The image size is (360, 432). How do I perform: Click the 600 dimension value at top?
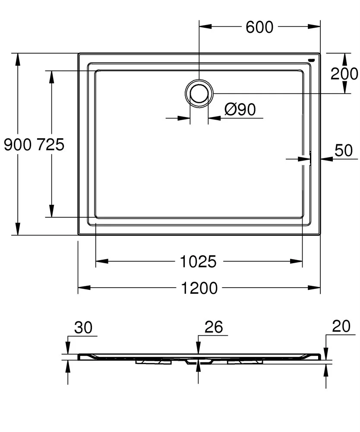tap(259, 27)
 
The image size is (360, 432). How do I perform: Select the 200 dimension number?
tap(344, 73)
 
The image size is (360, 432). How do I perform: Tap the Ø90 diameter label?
tap(240, 109)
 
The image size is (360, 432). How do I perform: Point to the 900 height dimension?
tap(18, 144)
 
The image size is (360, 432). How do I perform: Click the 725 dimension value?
tap(51, 144)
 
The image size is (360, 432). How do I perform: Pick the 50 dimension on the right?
tap(344, 150)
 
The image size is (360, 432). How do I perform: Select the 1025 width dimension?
tap(198, 261)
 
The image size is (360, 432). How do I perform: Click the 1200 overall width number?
tap(199, 288)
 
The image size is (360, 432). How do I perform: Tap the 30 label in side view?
tap(83, 327)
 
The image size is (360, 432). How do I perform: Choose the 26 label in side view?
tap(214, 327)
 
